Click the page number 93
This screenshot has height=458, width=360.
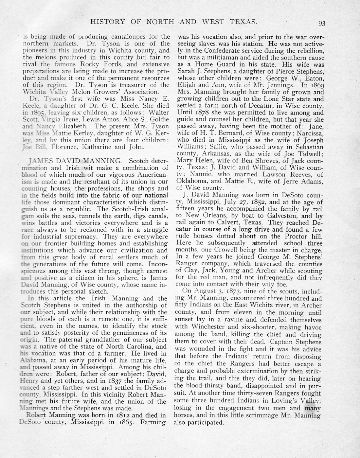[321, 23]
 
